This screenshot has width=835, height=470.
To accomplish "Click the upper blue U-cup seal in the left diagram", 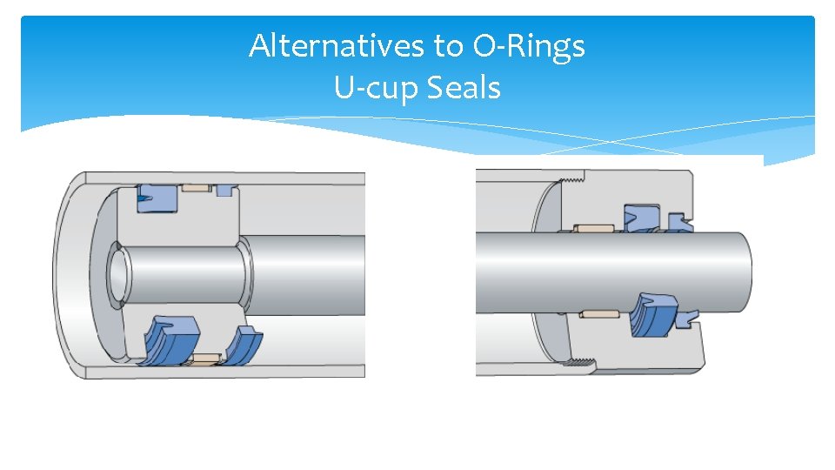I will pyautogui.click(x=156, y=197).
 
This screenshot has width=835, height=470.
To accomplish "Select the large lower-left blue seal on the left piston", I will pyautogui.click(x=173, y=339).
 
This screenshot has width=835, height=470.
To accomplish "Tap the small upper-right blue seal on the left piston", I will pyautogui.click(x=225, y=190).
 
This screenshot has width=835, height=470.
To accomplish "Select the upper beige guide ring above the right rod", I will pyautogui.click(x=595, y=229).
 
